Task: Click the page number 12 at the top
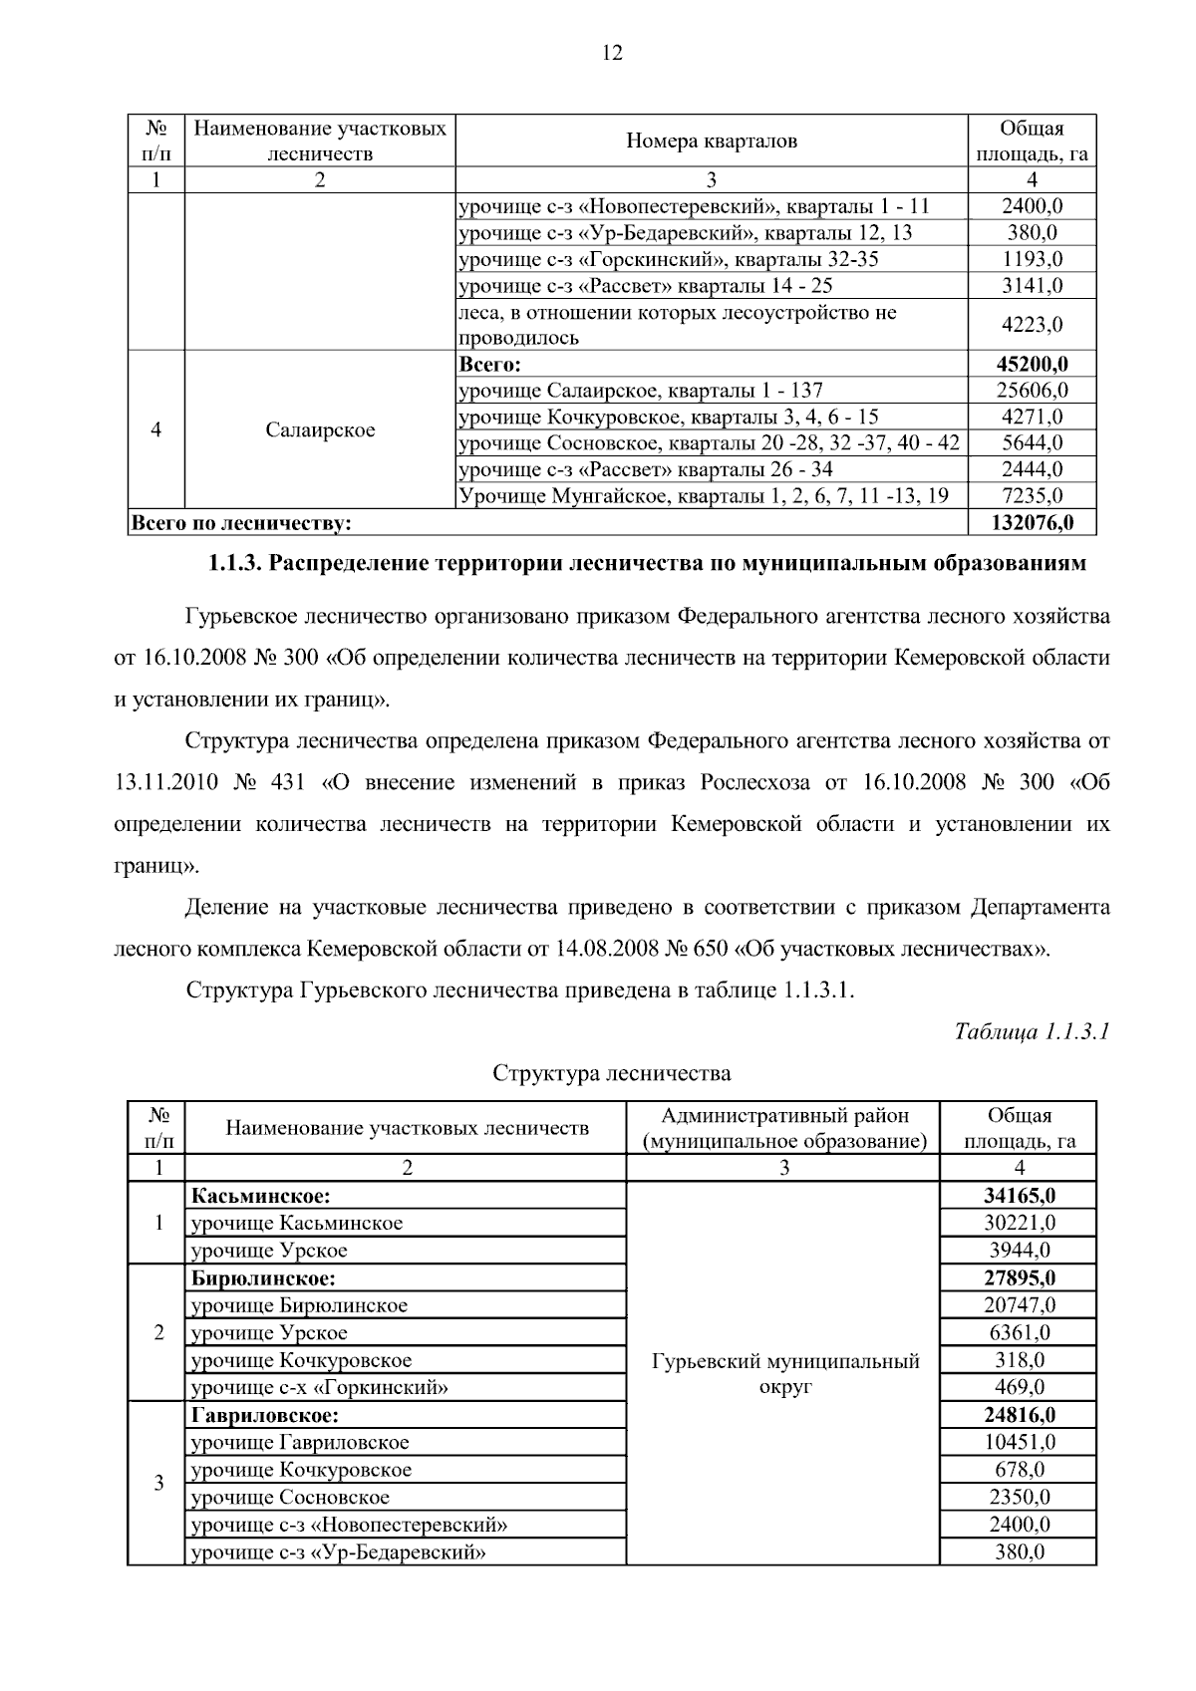(612, 54)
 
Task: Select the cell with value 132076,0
(1032, 522)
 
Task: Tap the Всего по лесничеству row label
(242, 522)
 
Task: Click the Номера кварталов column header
(712, 141)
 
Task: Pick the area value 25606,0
(1032, 391)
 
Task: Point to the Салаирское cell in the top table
(320, 430)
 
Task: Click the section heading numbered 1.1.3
(646, 564)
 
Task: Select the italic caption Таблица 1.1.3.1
(1032, 1030)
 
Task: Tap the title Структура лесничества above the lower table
(612, 1073)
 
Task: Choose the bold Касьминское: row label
(261, 1196)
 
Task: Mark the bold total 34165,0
(1019, 1196)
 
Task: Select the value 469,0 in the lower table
(1019, 1387)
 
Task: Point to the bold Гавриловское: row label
(265, 1415)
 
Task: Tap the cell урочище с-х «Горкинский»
(319, 1387)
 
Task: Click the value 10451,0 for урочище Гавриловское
(1019, 1442)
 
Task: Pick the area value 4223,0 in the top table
(1032, 325)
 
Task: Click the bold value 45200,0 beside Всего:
(1032, 364)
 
